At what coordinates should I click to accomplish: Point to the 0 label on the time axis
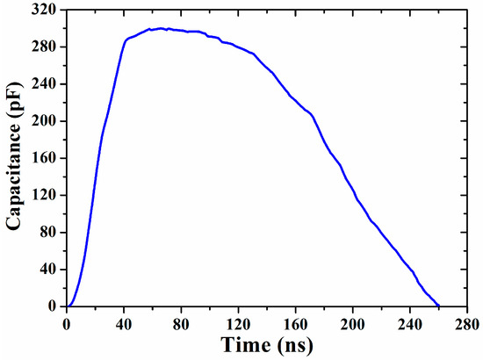67,322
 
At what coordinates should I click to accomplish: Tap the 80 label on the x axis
181,322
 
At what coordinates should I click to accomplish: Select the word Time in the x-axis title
243,344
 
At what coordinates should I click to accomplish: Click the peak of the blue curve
161,28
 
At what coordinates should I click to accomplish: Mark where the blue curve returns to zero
438,306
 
